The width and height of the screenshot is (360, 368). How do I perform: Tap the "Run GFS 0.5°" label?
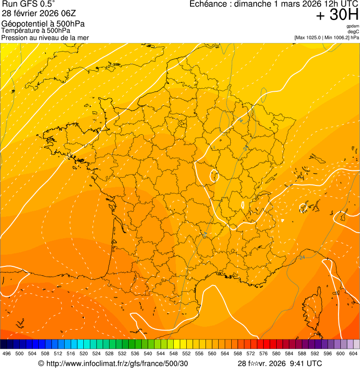[x=29, y=5]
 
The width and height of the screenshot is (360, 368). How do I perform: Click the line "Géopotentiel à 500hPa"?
[x=43, y=24]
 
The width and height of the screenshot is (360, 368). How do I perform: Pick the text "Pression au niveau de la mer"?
[x=45, y=37]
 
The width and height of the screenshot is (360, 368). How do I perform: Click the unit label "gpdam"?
[x=353, y=26]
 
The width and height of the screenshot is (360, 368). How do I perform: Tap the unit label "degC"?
[x=354, y=31]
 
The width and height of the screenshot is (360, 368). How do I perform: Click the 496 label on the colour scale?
[x=7, y=354]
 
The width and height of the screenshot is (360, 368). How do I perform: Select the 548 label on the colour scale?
[x=174, y=354]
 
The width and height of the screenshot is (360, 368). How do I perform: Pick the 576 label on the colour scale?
[x=264, y=354]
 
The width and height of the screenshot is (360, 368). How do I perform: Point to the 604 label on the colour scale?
[x=353, y=354]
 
